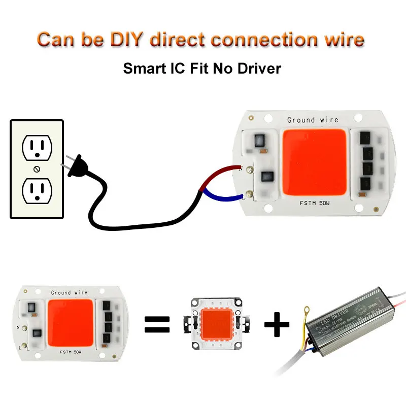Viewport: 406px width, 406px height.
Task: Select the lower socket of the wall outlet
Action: (x=37, y=190)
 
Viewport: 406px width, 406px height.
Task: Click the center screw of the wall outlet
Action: (x=37, y=168)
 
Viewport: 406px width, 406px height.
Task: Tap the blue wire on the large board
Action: (x=223, y=193)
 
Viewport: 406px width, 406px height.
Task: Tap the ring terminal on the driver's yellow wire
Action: (x=307, y=309)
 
